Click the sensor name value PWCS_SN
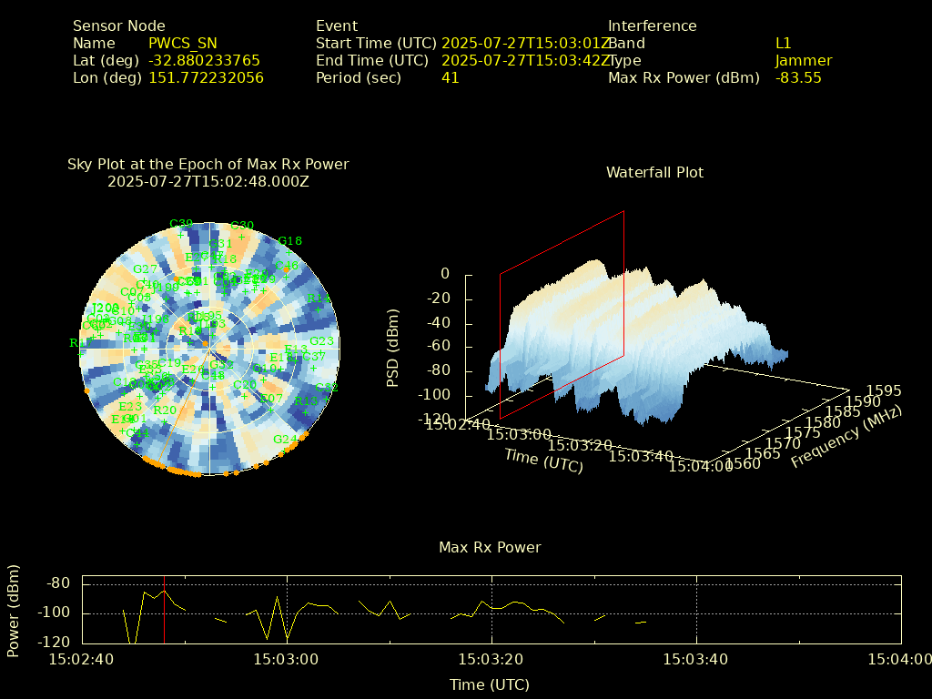(182, 44)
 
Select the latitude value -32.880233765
(204, 61)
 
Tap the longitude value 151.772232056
(206, 78)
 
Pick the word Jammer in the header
(803, 61)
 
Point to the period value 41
(450, 78)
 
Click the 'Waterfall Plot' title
(654, 173)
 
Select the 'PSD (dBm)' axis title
(393, 345)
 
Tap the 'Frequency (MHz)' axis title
(846, 437)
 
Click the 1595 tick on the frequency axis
(884, 391)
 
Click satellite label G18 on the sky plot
(289, 241)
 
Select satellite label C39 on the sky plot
(181, 224)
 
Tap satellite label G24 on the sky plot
(285, 440)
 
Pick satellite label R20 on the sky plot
(165, 410)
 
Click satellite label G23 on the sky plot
(321, 341)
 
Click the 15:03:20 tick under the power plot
(491, 659)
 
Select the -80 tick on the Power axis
(60, 583)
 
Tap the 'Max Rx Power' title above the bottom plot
(490, 548)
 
